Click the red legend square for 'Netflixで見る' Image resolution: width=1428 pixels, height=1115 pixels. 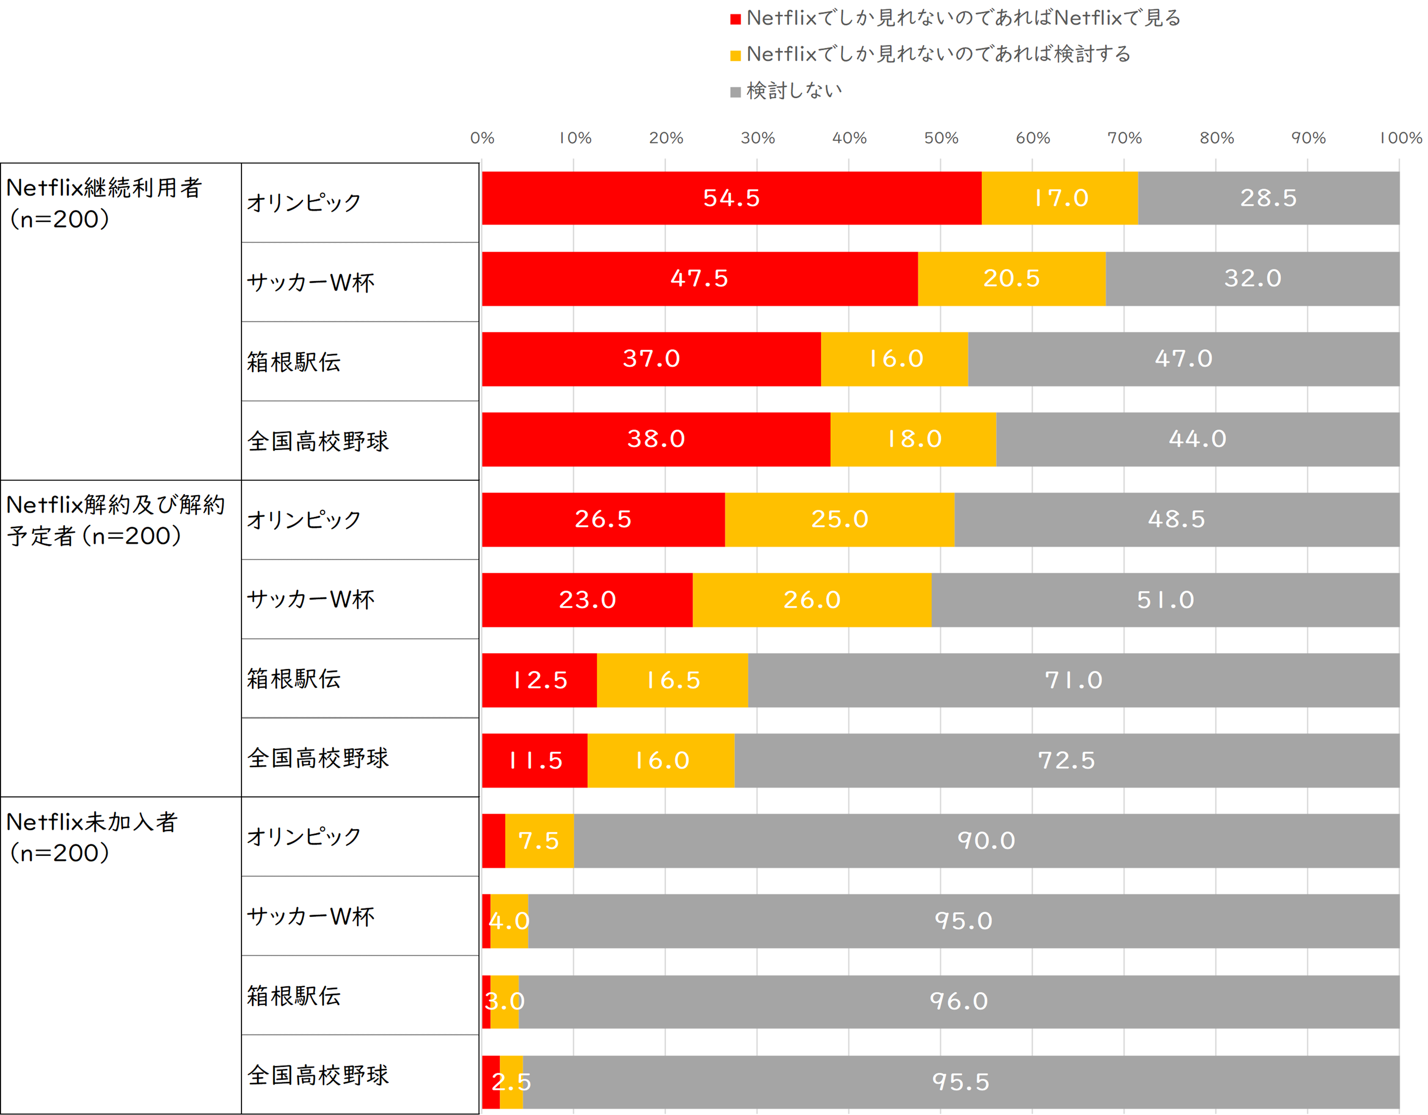735,19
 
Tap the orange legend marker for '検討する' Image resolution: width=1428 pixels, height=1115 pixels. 735,55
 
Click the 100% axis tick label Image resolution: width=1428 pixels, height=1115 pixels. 1400,138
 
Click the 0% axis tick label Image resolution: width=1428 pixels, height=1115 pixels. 482,138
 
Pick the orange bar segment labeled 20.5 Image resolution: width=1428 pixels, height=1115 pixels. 1011,279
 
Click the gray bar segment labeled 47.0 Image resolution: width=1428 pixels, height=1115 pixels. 1183,359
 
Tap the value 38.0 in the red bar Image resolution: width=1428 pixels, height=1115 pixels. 656,439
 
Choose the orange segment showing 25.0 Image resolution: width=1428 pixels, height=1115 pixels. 840,520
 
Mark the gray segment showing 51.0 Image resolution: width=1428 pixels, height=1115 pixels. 1165,600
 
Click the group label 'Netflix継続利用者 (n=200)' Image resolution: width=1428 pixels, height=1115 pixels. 103,203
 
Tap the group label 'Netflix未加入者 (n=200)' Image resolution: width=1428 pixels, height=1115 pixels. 91,837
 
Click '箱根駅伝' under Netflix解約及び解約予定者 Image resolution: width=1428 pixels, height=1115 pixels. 294,679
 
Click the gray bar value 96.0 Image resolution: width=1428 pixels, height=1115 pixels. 959,1001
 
